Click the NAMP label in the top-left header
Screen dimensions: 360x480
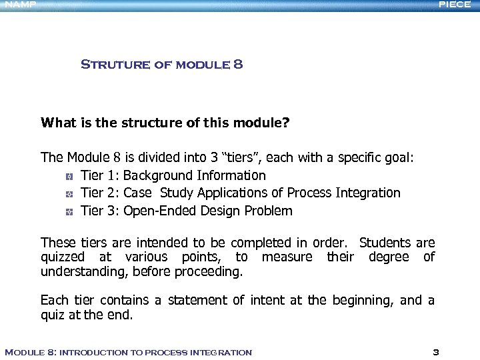click(x=18, y=5)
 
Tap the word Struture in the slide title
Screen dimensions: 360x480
click(x=107, y=65)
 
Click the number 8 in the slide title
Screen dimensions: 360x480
click(x=238, y=65)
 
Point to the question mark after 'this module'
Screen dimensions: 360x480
click(x=286, y=123)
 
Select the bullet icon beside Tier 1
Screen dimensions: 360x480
click(x=69, y=177)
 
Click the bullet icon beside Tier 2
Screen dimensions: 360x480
click(x=69, y=194)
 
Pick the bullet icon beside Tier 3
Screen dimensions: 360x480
click(x=69, y=212)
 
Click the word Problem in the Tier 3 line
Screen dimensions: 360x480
click(x=269, y=211)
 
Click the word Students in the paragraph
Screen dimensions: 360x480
click(x=385, y=243)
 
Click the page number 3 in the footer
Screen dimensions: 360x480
click(x=435, y=352)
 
